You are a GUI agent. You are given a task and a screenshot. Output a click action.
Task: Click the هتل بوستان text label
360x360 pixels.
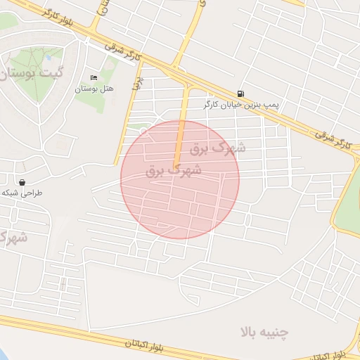click(94, 89)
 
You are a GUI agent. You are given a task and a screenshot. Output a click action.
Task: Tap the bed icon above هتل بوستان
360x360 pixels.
click(94, 77)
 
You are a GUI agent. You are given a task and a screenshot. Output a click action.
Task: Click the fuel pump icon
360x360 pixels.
click(241, 94)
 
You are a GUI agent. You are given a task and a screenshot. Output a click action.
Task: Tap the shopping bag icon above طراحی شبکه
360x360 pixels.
click(23, 182)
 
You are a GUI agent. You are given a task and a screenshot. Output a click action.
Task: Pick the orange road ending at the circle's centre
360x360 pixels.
click(181, 130)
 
